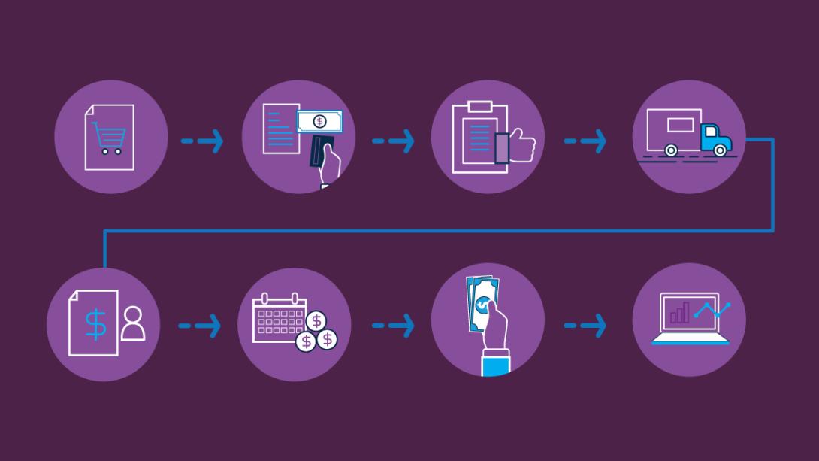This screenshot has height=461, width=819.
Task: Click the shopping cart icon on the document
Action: pos(110,139)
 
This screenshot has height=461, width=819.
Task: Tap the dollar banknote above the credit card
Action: pos(319,120)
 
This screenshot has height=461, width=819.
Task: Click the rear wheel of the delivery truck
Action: pos(671,150)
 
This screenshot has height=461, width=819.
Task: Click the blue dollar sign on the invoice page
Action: pos(95,323)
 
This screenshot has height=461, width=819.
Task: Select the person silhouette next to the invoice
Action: pos(132,324)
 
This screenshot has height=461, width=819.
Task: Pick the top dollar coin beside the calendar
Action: pos(317,321)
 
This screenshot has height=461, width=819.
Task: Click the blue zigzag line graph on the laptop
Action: pos(712,309)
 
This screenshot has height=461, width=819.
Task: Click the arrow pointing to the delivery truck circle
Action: pos(585,141)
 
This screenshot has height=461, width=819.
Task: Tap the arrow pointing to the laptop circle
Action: pos(585,326)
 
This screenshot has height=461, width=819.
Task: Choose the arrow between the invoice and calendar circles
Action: pos(201,326)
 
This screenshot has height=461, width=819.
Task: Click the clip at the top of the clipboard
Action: pos(479,107)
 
